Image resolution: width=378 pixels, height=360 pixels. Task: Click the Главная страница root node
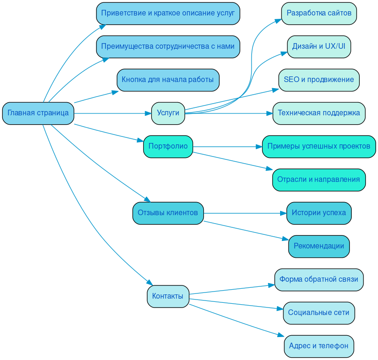[38, 113]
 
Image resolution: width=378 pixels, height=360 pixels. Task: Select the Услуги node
[168, 113]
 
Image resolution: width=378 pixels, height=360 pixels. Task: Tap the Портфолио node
[168, 146]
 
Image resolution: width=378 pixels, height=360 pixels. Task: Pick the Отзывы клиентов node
[168, 213]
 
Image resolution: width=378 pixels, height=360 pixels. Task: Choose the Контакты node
[168, 296]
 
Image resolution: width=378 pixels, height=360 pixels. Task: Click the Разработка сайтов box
[319, 13]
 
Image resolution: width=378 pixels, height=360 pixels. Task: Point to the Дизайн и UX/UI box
[319, 46]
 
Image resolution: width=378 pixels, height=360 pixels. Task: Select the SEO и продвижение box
[319, 80]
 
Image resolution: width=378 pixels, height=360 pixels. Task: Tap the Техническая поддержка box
[319, 113]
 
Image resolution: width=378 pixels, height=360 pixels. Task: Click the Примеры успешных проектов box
[319, 146]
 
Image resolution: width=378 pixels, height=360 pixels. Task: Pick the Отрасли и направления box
[319, 180]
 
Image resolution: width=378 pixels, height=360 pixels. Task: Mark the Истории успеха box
[319, 213]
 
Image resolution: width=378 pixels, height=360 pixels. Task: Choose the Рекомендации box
[319, 246]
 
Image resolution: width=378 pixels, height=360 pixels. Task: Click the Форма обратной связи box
[319, 279]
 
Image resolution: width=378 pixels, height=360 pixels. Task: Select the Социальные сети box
[319, 313]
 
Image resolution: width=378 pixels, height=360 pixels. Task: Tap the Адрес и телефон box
[319, 346]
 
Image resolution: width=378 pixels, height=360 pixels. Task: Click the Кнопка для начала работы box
[168, 80]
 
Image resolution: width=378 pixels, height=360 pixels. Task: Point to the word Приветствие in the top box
[123, 13]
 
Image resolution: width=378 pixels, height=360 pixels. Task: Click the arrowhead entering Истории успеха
[283, 213]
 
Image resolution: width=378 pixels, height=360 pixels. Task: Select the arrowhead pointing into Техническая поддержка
[269, 113]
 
